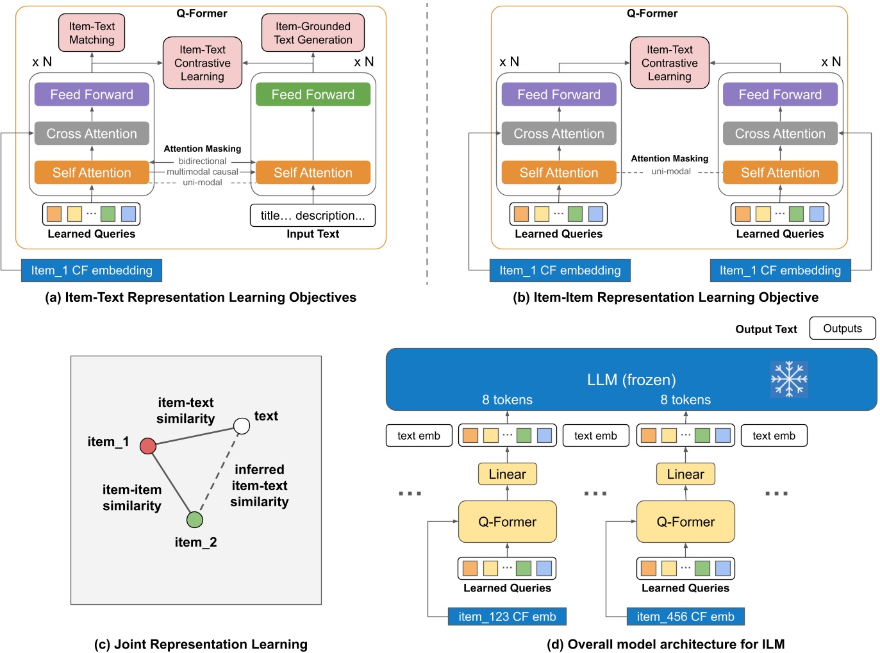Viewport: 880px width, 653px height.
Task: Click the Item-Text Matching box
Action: [x=92, y=33]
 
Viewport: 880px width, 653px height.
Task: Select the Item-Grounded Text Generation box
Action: [x=313, y=33]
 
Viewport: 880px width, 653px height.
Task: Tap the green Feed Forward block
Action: [x=313, y=95]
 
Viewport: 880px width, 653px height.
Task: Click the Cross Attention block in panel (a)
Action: [x=92, y=133]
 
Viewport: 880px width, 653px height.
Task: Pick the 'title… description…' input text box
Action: [x=313, y=215]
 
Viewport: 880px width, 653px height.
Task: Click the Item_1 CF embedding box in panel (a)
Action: [x=92, y=270]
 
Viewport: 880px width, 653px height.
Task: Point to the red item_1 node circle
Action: [x=148, y=446]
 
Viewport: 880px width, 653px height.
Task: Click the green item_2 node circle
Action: [x=195, y=519]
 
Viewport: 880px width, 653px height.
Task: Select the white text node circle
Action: [x=242, y=426]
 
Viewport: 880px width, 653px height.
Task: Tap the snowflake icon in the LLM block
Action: [x=789, y=379]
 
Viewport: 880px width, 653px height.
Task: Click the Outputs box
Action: [x=842, y=328]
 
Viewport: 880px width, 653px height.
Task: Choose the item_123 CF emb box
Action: [x=507, y=616]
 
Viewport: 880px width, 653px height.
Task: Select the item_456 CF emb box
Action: [x=685, y=616]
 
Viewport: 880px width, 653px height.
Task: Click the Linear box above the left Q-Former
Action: [x=507, y=474]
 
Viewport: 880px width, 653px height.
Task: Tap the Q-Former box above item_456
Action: [x=685, y=522]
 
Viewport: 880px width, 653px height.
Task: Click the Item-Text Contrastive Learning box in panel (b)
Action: [x=669, y=63]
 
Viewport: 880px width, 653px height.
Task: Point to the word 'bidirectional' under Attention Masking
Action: [x=202, y=161]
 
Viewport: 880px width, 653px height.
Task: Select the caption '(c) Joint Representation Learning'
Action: [x=201, y=644]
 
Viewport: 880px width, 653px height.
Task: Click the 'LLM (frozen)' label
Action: [x=631, y=380]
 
